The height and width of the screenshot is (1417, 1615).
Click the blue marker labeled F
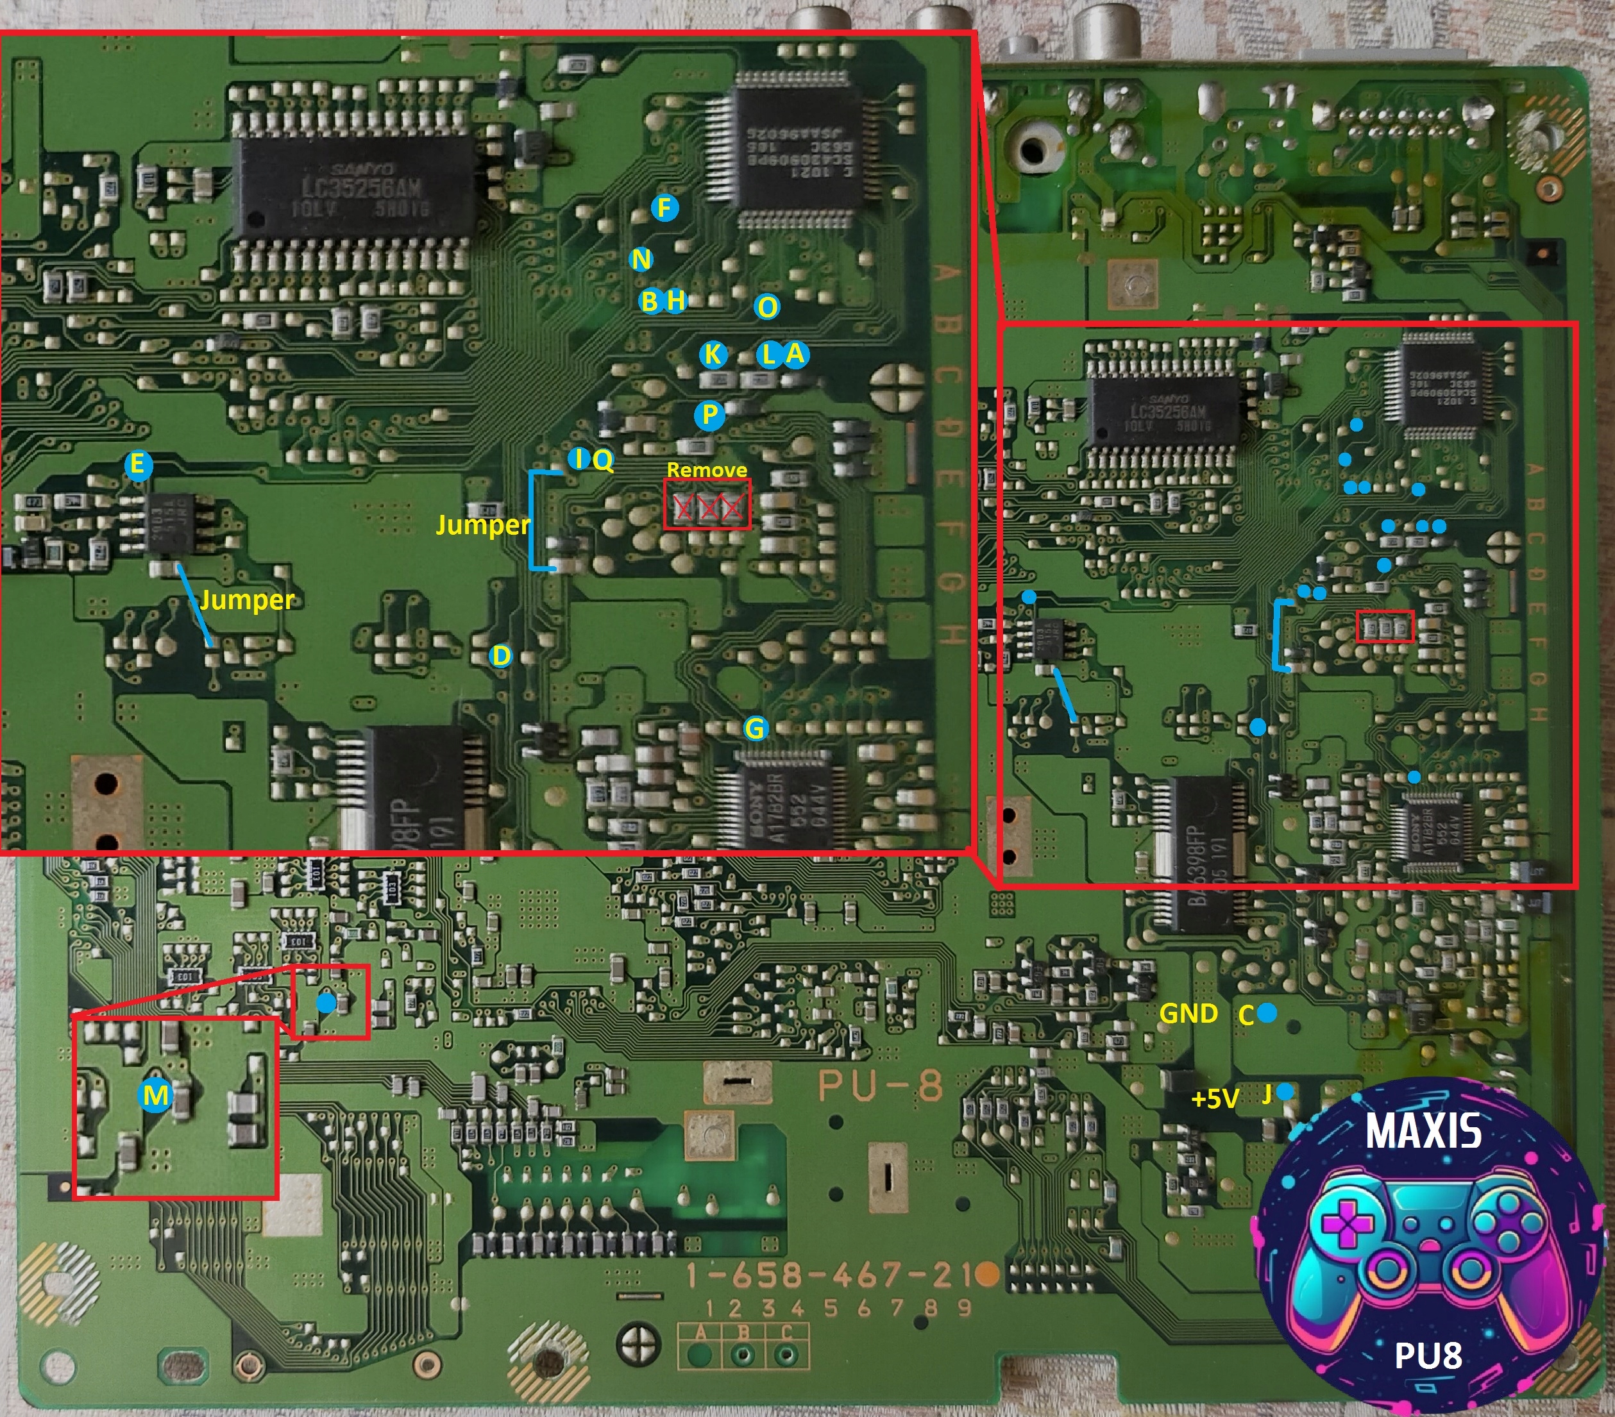tap(664, 208)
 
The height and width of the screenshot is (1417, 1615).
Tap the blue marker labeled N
tap(641, 259)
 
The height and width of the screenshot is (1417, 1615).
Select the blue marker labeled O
tap(766, 306)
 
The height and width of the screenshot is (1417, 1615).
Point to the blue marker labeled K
tap(713, 355)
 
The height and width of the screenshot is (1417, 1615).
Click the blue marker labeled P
tap(709, 415)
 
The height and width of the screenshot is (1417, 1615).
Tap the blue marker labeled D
tap(501, 655)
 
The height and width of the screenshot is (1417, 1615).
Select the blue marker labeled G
tap(756, 728)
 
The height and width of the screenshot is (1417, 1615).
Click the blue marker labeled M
tap(156, 1096)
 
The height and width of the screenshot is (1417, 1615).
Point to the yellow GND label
tap(1188, 1014)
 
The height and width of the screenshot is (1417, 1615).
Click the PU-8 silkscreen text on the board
tap(880, 1086)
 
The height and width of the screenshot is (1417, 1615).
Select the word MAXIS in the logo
tap(1423, 1131)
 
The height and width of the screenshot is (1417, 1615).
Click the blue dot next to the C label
tap(1267, 1012)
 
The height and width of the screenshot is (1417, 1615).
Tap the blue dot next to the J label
tap(1285, 1091)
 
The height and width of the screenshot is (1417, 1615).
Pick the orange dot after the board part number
tap(986, 1273)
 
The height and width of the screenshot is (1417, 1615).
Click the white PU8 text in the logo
tap(1428, 1355)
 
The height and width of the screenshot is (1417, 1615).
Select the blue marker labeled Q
tap(602, 460)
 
